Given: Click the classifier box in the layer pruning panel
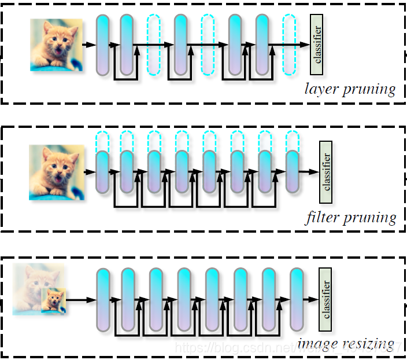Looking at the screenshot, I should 316,45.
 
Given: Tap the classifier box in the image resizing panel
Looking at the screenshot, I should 325,299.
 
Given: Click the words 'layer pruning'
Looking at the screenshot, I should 350,90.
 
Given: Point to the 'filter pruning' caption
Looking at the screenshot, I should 350,218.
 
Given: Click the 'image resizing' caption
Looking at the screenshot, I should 346,344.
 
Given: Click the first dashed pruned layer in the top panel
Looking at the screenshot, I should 154,45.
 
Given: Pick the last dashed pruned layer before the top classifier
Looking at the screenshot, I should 289,45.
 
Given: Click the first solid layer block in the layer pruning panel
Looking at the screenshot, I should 102,45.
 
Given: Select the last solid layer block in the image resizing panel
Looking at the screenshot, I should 297,299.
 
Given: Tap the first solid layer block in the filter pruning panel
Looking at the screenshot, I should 102,172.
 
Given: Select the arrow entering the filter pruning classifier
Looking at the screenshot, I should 310,172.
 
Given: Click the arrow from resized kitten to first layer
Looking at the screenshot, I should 81,300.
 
